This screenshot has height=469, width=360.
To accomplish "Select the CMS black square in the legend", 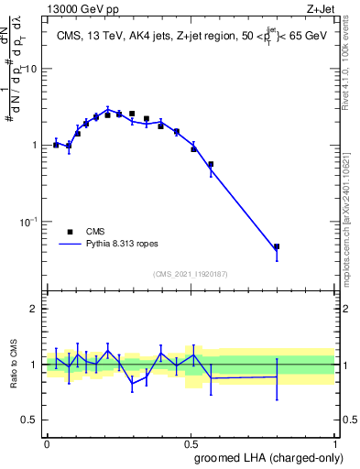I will pos(70,232).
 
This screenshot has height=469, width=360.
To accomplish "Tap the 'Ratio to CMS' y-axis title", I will pos(14,365).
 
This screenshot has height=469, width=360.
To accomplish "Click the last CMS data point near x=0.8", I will pos(277,246).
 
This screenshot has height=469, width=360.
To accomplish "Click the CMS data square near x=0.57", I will pos(211,164).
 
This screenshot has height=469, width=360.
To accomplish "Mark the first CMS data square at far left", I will pos(56,145).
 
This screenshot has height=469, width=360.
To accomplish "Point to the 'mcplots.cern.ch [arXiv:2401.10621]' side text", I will pos(352,212).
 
